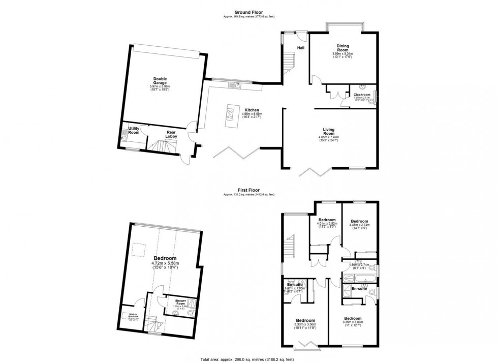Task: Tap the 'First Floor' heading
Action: pos(248,191)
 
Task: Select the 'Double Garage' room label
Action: pos(160,81)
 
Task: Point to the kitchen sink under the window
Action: pos(237,85)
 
